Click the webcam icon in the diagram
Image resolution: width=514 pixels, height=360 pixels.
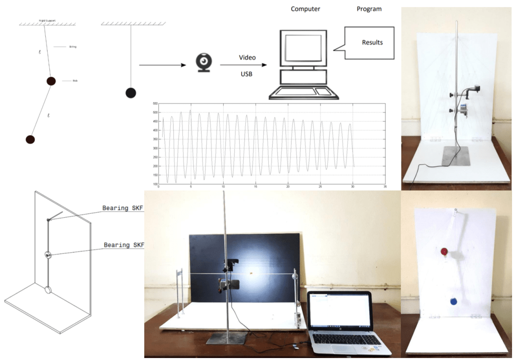pyautogui.click(x=203, y=63)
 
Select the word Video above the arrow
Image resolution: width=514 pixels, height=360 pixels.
pyautogui.click(x=247, y=57)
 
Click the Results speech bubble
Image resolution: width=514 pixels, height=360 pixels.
pyautogui.click(x=372, y=43)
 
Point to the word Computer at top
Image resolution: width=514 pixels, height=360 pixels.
pyautogui.click(x=305, y=9)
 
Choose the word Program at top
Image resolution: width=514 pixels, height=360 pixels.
pyautogui.click(x=369, y=9)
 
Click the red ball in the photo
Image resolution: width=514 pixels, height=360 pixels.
pyautogui.click(x=444, y=251)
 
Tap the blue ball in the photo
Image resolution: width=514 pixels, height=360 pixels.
pyautogui.click(x=453, y=302)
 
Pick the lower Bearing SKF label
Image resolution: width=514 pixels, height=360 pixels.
pyautogui.click(x=124, y=245)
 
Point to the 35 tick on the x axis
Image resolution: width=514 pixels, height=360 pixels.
pyautogui.click(x=385, y=187)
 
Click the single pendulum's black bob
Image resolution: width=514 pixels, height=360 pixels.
pyautogui.click(x=131, y=93)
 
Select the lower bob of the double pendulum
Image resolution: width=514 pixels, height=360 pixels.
pyautogui.click(x=30, y=139)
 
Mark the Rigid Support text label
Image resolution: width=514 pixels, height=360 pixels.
pyautogui.click(x=47, y=21)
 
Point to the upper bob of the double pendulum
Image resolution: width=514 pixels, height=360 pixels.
pyautogui.click(x=51, y=80)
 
